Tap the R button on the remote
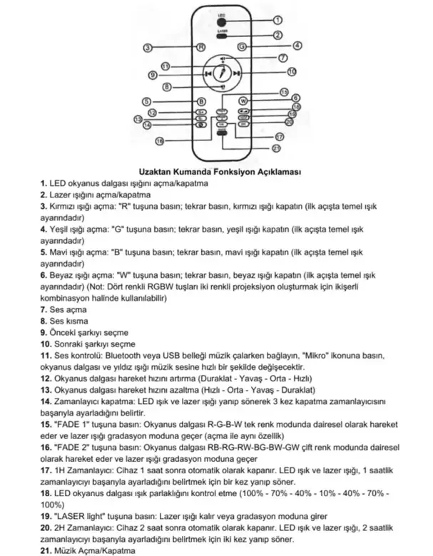pos(201,46)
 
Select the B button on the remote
pos(201,101)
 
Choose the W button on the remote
pos(243,101)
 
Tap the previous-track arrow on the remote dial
pos(206,73)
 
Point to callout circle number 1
pos(278,21)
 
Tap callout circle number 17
pos(280,135)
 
